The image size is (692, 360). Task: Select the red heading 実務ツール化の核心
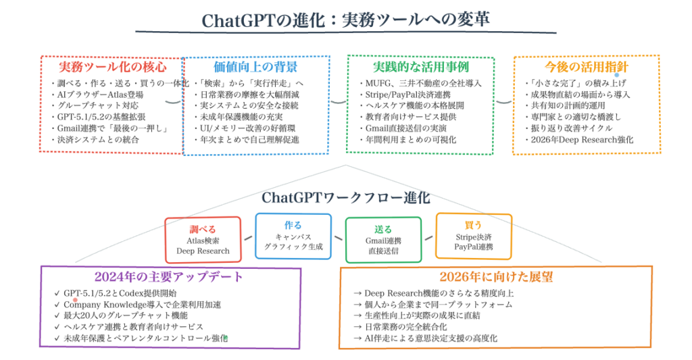click(112, 68)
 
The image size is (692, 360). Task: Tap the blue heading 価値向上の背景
click(255, 68)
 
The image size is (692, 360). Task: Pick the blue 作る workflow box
click(293, 236)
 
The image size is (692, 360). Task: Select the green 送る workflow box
click(383, 239)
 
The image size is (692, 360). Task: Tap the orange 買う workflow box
click(473, 236)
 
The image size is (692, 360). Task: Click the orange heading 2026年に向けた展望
click(495, 277)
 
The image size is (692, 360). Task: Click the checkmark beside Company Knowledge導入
click(56, 305)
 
